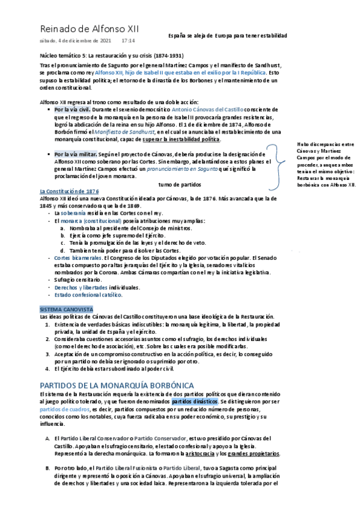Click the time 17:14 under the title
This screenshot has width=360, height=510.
tap(128, 41)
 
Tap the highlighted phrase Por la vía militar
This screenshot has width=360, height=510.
tap(76, 155)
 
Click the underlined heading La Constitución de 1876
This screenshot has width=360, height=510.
tap(69, 191)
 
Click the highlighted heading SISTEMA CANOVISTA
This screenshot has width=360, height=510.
tap(66, 309)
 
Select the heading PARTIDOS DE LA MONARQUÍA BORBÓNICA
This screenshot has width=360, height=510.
tap(116, 385)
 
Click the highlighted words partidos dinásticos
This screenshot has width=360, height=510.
tap(195, 401)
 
